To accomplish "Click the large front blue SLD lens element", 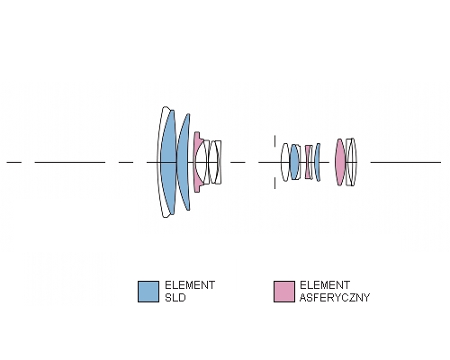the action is click(x=168, y=162).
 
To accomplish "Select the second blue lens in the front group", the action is click(x=184, y=162).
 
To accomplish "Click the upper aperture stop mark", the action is click(x=274, y=141).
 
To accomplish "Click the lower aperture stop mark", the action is click(x=274, y=183).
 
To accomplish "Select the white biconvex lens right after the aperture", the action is click(x=285, y=162).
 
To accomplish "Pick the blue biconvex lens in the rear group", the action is click(x=294, y=162).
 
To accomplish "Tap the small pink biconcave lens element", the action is click(x=308, y=162).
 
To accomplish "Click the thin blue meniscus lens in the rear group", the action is click(x=318, y=162).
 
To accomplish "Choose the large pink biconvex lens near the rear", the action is click(x=340, y=162).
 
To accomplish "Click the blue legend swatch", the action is click(x=148, y=292).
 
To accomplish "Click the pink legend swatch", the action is click(x=284, y=292).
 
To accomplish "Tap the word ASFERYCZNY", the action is click(x=335, y=298).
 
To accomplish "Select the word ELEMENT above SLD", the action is click(x=190, y=285).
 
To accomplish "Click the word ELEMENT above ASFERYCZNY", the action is click(x=325, y=285).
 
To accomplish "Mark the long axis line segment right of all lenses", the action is click(x=406, y=162).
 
